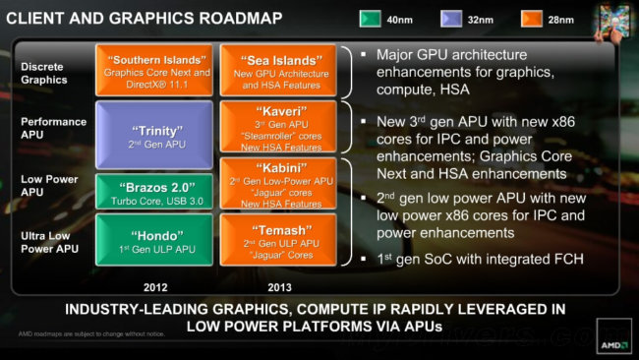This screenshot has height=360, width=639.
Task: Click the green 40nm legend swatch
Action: [373, 19]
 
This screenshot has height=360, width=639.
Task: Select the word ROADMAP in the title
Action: [235, 18]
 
